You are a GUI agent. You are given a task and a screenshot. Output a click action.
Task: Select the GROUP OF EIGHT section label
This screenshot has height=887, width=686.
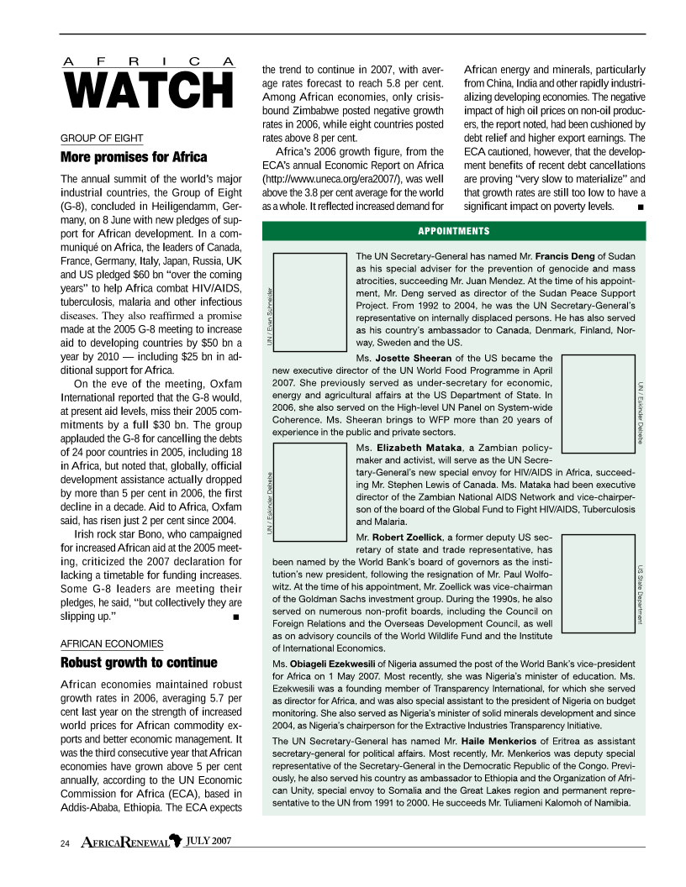coord(101,139)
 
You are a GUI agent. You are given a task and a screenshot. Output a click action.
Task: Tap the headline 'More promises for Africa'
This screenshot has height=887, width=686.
coord(134,157)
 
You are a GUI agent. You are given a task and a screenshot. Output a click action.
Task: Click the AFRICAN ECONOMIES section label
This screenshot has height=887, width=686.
coord(112,643)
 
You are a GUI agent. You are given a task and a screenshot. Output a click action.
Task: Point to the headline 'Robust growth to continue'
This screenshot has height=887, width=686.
coord(139,662)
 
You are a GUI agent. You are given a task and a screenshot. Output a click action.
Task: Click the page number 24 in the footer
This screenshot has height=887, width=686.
coord(65,842)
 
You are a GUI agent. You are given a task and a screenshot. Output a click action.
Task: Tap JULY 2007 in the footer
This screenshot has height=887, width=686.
coord(208,841)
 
